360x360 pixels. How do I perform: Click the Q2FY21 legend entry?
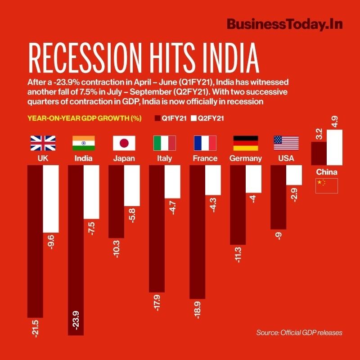[x=207, y=118]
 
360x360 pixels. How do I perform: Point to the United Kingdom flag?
[x=43, y=143]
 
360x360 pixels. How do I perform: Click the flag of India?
[x=83, y=143]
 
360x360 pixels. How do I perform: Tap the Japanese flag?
[x=124, y=143]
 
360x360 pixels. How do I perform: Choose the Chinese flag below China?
[x=326, y=185]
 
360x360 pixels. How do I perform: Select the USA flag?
[x=286, y=143]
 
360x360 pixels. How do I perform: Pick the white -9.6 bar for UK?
[x=51, y=198]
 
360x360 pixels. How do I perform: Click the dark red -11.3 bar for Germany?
[x=238, y=205]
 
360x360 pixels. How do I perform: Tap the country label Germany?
[x=245, y=158]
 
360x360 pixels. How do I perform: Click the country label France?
[x=205, y=158]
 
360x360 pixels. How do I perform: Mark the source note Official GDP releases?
[x=299, y=333]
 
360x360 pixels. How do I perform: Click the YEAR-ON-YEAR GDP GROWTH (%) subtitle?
[x=85, y=118]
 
